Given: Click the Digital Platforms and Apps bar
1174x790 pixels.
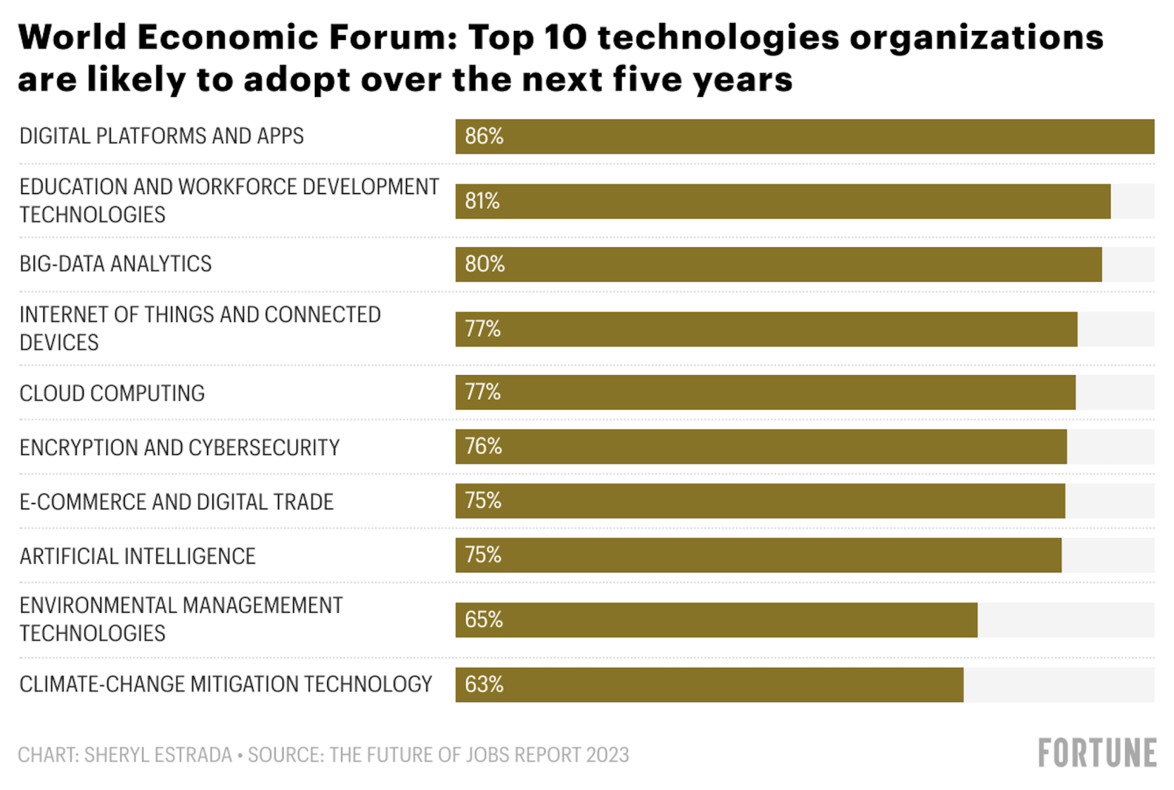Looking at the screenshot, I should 804,136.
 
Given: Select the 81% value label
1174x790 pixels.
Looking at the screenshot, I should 482,201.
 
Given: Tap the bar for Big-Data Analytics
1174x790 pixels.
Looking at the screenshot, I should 778,264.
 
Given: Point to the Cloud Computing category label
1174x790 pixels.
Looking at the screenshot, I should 113,393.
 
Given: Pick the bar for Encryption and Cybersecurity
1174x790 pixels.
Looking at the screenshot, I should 760,447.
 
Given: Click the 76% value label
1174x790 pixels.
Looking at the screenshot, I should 483,446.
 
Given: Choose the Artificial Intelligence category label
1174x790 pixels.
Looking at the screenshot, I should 138,556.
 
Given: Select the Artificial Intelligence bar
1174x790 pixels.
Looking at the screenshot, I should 758,555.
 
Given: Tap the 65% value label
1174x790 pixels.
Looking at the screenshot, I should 484,620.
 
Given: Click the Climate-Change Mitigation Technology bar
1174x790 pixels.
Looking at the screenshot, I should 709,685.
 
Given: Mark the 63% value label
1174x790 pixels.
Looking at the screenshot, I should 484,684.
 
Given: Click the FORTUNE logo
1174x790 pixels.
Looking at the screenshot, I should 1096,753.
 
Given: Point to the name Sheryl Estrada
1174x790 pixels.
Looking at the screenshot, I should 158,755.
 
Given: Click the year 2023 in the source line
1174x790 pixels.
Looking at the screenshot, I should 607,755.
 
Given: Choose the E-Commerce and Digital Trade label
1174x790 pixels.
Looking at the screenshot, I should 177,501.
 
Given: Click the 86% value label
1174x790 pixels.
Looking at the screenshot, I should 484,136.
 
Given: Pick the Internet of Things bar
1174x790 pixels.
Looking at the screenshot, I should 766,329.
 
